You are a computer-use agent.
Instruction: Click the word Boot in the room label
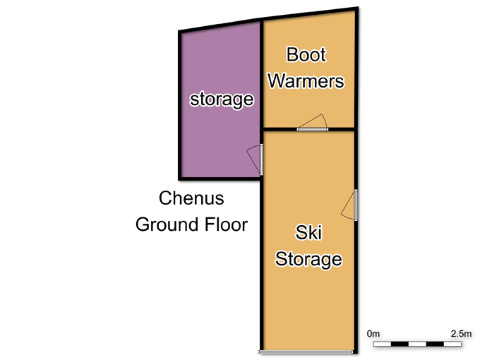tap(306, 54)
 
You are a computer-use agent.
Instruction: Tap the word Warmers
tap(306, 80)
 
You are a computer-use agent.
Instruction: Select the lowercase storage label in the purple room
tap(222, 100)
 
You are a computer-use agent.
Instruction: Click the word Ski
tap(308, 232)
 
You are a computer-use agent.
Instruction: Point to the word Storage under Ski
tap(308, 260)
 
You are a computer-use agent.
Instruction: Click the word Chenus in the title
tap(191, 198)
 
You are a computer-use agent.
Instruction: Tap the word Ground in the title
tap(167, 224)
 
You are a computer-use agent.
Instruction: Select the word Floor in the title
tap(226, 224)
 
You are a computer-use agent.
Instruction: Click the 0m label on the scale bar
tap(373, 334)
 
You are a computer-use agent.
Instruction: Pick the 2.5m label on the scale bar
tap(461, 334)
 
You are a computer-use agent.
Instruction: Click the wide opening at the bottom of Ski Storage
tap(306, 352)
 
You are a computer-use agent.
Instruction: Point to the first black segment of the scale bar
tap(400, 344)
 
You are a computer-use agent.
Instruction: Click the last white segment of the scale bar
tap(452, 344)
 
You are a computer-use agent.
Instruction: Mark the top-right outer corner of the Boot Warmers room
tap(358, 7)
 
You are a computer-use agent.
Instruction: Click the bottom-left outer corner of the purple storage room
tap(179, 180)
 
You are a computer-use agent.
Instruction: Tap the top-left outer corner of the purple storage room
tap(179, 30)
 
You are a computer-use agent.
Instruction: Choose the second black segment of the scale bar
tap(435, 344)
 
